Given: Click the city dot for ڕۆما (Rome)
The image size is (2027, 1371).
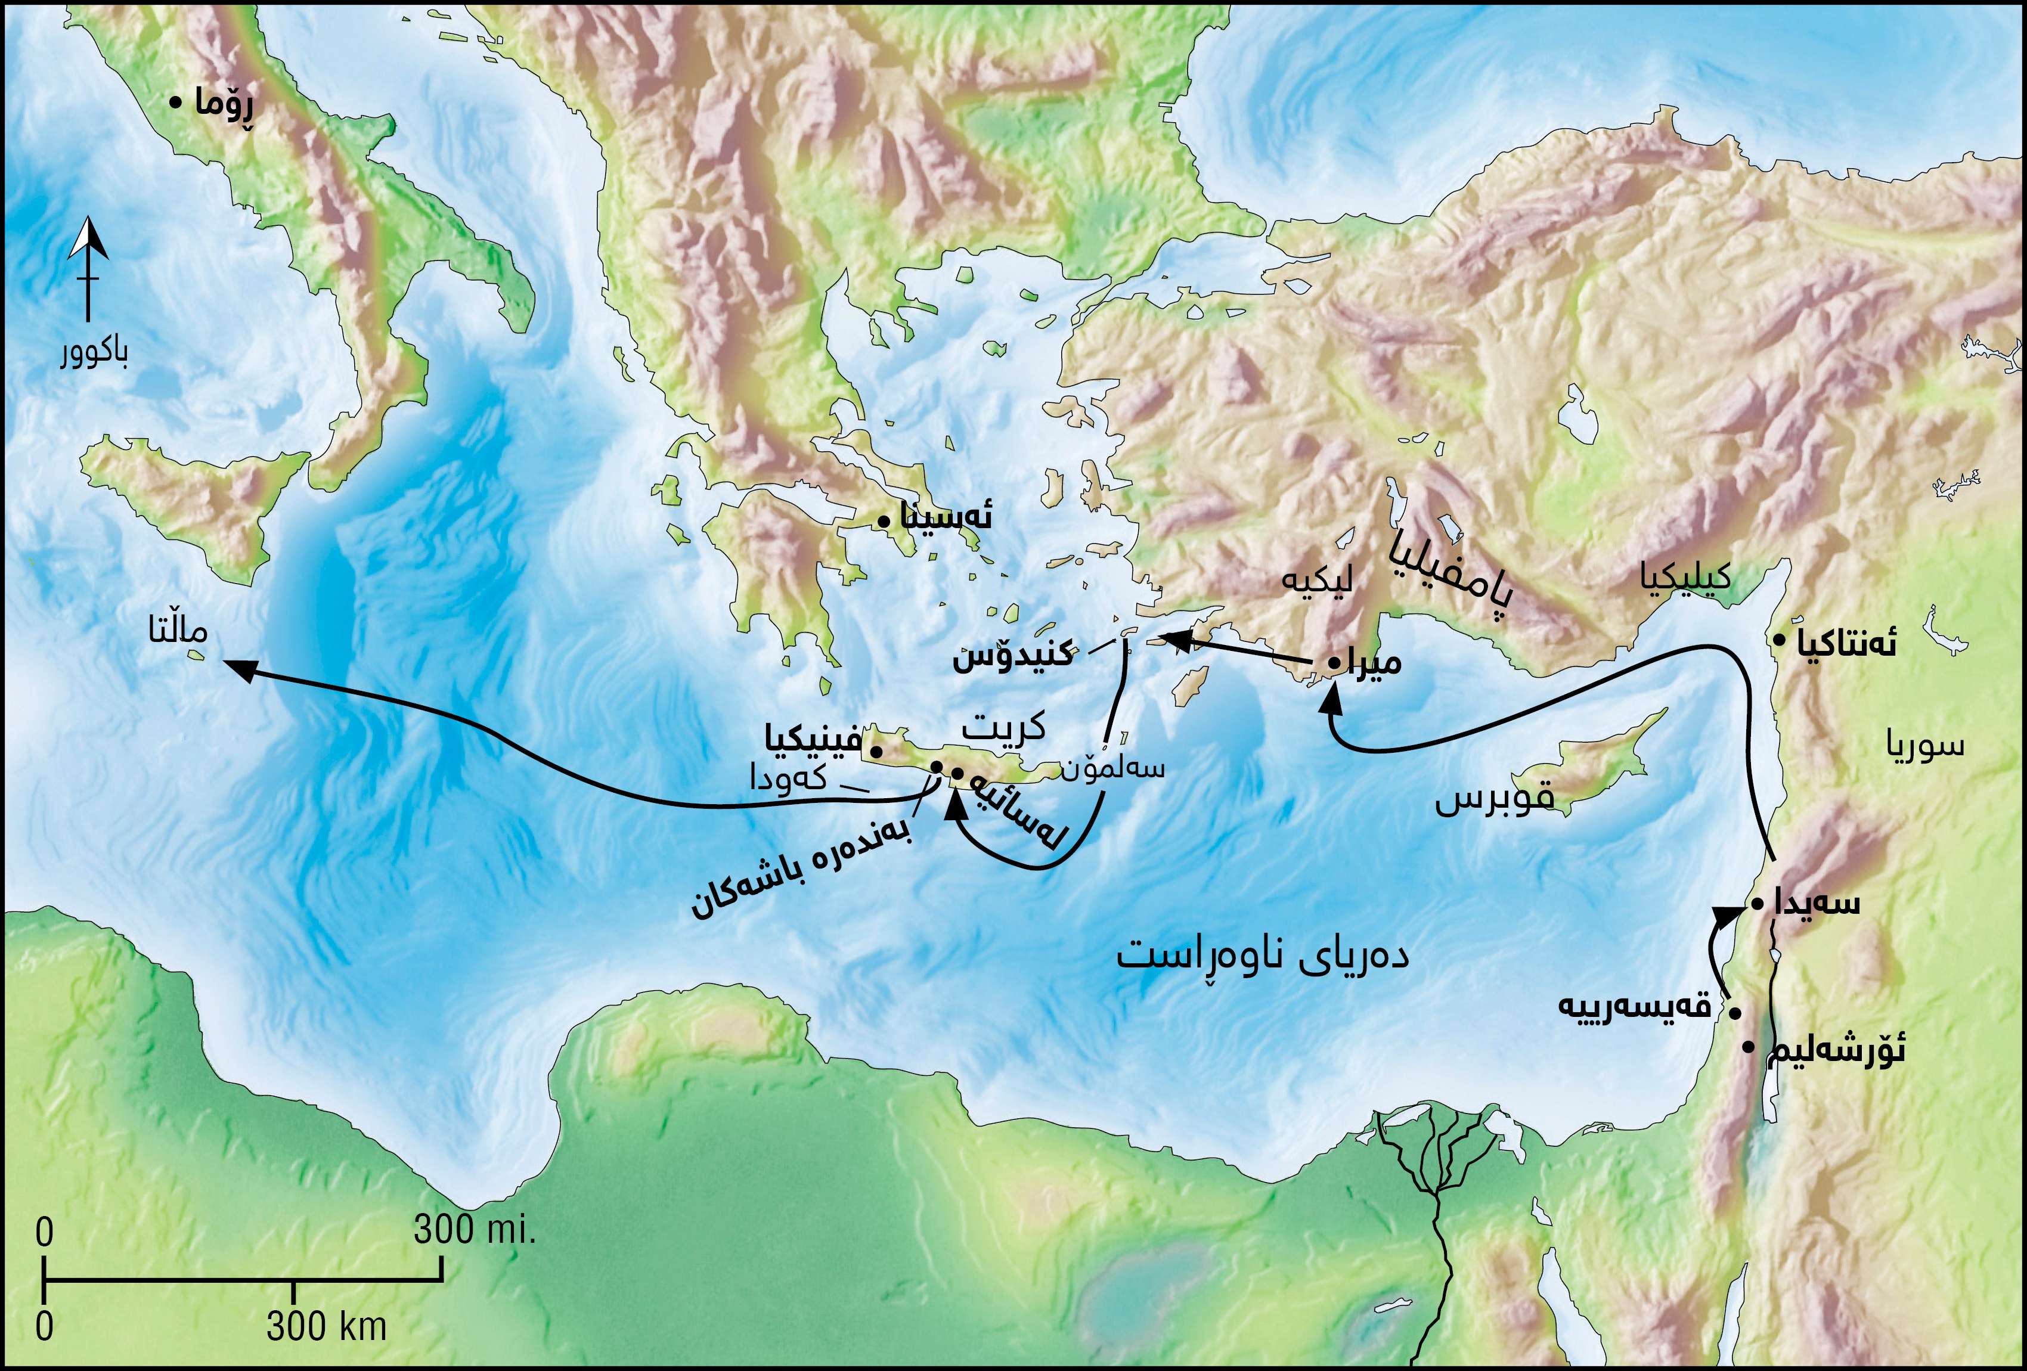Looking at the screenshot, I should coord(175,102).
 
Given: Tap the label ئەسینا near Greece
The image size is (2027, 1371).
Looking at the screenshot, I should coord(946,518).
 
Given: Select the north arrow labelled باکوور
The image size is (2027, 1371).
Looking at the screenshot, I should coord(89,271).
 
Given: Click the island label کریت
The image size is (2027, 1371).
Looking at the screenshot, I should coord(1003,727).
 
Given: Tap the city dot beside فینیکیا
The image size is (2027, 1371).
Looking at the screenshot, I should coord(876,751).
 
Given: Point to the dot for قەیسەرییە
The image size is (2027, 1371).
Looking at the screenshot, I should coord(1735,1013).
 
